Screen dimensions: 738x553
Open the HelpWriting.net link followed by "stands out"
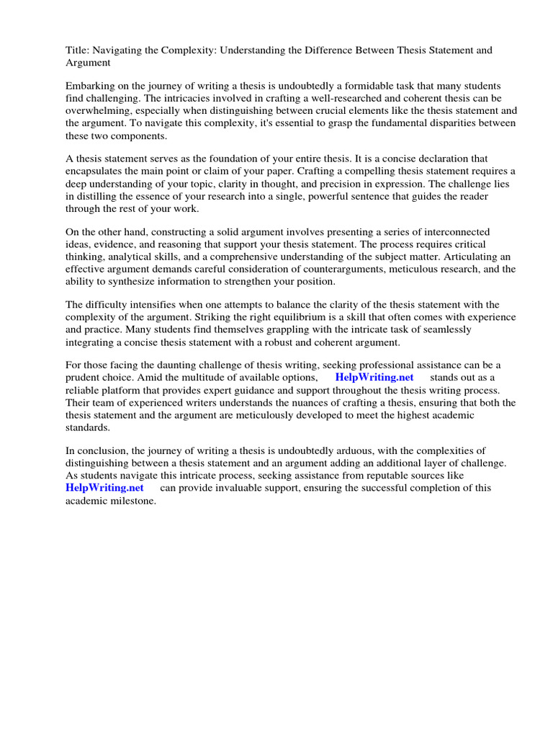coord(374,378)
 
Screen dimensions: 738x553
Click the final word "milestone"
coord(132,500)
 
